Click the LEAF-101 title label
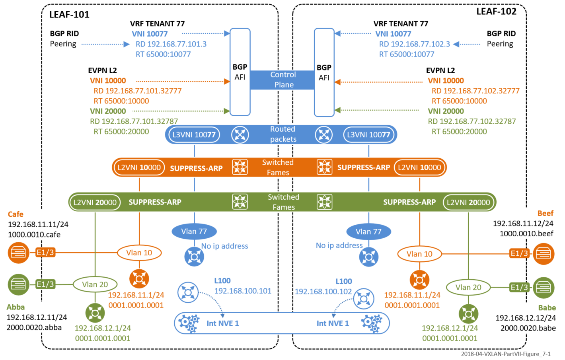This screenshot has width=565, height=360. pos(69,15)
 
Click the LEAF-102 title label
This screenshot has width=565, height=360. pos(496,12)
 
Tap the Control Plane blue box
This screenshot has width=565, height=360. pos(282,80)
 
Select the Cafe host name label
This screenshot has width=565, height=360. pos(16,214)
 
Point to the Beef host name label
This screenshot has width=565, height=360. pos(545,213)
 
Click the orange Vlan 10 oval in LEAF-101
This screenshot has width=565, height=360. pos(139,253)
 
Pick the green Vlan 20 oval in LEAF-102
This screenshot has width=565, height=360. pos(468,287)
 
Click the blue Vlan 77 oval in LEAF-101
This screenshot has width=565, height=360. pos(194,232)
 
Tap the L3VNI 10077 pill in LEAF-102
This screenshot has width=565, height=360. pos(368,135)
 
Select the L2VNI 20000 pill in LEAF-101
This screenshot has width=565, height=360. pos(95,202)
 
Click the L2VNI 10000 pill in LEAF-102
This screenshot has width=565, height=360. pos(419,167)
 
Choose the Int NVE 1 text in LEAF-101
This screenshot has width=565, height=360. pos(222,323)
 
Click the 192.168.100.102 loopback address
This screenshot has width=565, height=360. pos(323,292)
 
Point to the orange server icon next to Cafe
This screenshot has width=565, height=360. pos(18,253)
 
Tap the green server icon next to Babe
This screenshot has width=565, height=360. pos(544,287)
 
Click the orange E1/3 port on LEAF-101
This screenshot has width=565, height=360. pos(45,253)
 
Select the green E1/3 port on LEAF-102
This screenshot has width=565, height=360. pos(519,287)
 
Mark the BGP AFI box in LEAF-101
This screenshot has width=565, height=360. pos(240,72)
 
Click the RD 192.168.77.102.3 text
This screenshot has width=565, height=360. pos(414,44)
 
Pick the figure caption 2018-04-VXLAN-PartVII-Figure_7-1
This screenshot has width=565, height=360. pos(506,354)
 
